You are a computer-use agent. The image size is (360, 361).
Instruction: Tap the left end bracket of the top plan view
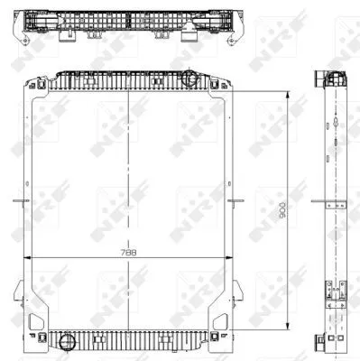(26, 27)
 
